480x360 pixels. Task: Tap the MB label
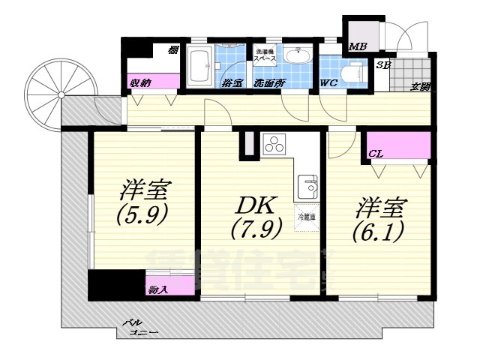click(358, 46)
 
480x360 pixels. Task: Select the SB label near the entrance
click(382, 65)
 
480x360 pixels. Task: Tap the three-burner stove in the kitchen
click(274, 145)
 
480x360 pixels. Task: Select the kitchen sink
click(307, 184)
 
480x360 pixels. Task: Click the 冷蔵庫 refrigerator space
click(307, 217)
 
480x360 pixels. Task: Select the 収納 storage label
click(141, 82)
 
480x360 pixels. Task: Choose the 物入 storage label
click(157, 289)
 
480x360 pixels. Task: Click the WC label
click(329, 82)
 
